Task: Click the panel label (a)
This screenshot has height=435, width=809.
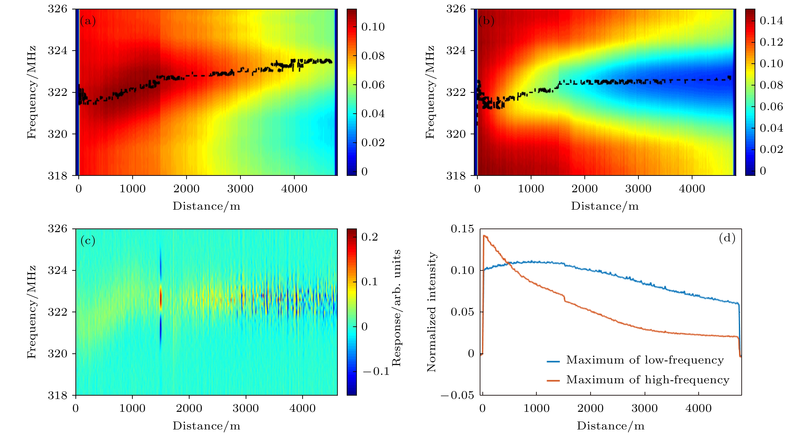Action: click(x=88, y=21)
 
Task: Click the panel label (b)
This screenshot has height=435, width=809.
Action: click(x=486, y=21)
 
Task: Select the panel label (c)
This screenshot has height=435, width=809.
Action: click(x=88, y=241)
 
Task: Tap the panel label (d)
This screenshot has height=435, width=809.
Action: click(x=727, y=238)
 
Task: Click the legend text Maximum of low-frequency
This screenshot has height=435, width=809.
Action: click(x=645, y=360)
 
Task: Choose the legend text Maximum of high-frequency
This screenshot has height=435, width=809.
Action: click(x=647, y=380)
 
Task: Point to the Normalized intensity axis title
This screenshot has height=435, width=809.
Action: click(x=432, y=312)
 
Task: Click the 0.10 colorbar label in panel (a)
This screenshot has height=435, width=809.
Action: click(x=373, y=27)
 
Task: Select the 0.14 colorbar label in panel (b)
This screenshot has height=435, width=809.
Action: click(x=771, y=21)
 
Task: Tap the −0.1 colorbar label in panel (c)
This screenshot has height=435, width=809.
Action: click(x=376, y=371)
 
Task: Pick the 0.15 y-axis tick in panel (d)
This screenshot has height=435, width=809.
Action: click(x=462, y=229)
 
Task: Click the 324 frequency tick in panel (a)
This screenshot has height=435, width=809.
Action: click(x=58, y=50)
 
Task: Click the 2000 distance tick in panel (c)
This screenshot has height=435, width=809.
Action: click(x=189, y=408)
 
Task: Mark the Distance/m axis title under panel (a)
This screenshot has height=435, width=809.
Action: click(x=206, y=206)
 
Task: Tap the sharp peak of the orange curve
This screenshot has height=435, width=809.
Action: click(x=484, y=235)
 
